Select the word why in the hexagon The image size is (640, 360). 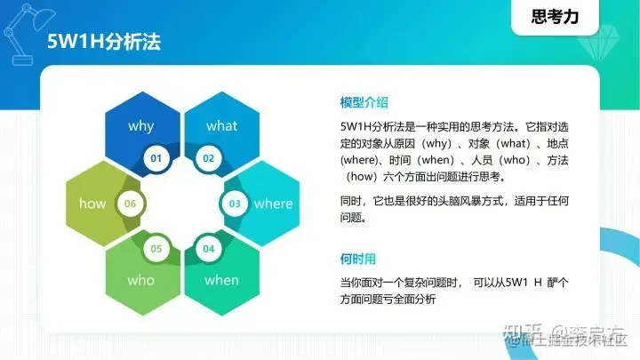pyautogui.click(x=140, y=126)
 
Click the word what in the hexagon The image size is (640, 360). pyautogui.click(x=221, y=126)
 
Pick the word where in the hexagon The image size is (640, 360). pyautogui.click(x=273, y=204)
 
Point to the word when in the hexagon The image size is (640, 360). pyautogui.click(x=221, y=280)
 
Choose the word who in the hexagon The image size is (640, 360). pyautogui.click(x=140, y=280)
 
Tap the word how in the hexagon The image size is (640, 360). pyautogui.click(x=92, y=204)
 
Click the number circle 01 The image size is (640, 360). pyautogui.click(x=156, y=158)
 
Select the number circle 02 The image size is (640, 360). pyautogui.click(x=209, y=158)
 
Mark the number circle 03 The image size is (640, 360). pyautogui.click(x=235, y=204)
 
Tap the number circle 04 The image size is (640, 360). pyautogui.click(x=209, y=248)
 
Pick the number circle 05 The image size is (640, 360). pyautogui.click(x=156, y=248)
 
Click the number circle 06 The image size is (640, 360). pyautogui.click(x=131, y=204)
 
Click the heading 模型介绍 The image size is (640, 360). pyautogui.click(x=364, y=101)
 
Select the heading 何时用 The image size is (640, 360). pyautogui.click(x=358, y=259)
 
